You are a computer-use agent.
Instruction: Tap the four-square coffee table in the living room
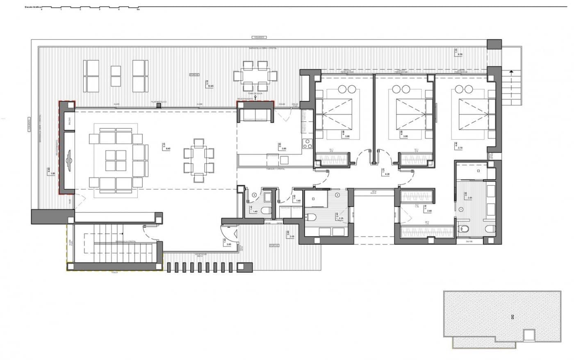(116, 160)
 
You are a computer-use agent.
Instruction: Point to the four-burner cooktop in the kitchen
(308, 144)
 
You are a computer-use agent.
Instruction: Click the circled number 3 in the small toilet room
(254, 195)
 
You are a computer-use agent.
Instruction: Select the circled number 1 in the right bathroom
(461, 209)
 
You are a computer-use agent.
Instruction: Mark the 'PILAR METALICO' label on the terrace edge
(159, 103)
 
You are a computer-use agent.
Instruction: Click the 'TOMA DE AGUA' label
(255, 93)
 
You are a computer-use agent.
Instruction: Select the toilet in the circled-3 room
(265, 211)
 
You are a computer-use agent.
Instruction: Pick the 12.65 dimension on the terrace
(211, 87)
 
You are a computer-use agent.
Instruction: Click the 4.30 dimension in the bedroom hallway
(387, 174)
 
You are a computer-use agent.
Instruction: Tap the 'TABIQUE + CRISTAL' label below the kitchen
(275, 169)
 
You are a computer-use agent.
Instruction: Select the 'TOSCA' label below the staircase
(114, 272)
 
